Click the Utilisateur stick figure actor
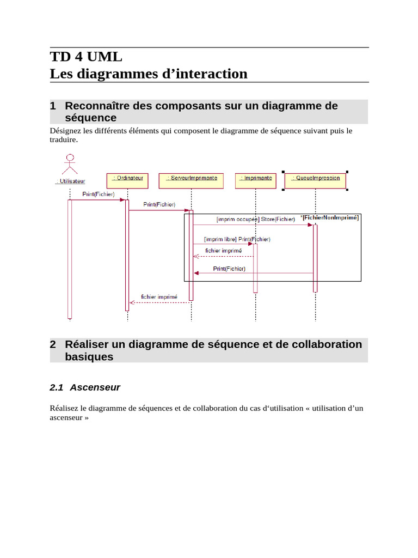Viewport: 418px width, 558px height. (x=70, y=165)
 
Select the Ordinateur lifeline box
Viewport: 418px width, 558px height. (x=127, y=181)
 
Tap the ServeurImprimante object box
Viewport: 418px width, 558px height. (x=191, y=181)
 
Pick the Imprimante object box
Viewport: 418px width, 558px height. (x=255, y=181)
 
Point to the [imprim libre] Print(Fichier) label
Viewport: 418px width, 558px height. (x=237, y=239)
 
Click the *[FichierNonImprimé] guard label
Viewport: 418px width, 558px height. (x=330, y=217)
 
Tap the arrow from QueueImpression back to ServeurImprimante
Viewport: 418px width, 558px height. (x=253, y=273)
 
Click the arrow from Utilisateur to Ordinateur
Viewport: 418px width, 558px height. (x=98, y=200)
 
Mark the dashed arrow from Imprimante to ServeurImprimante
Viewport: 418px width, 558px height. (x=223, y=256)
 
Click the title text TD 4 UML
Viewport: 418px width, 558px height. (x=86, y=57)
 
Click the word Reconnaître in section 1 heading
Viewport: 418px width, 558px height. (x=96, y=106)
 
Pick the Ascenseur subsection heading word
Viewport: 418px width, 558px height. (x=95, y=387)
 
